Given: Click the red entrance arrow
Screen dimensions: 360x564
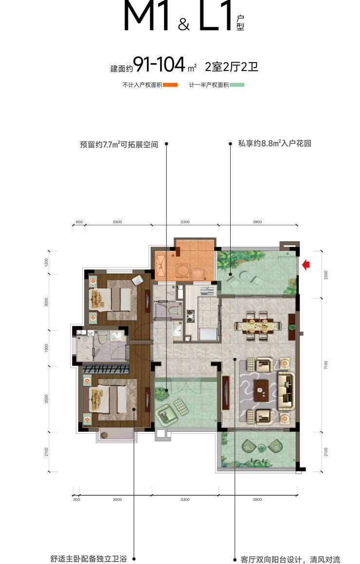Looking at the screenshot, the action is click(x=306, y=264).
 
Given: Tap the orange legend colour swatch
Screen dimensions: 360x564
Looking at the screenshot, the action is click(x=170, y=85).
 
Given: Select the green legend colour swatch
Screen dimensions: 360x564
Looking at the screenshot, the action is click(x=237, y=85).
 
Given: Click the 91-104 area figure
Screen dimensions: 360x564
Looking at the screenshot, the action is click(x=159, y=65).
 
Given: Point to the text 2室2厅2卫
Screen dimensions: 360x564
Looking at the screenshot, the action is click(x=232, y=67).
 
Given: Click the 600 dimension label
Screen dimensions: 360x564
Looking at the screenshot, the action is click(x=79, y=222).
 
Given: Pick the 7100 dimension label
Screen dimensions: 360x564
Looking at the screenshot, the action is click(x=326, y=365).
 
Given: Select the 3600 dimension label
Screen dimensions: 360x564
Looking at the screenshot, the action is click(x=117, y=499).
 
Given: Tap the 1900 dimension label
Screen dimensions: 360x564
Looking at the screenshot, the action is click(x=46, y=348).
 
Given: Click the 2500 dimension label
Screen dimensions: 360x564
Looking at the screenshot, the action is click(x=326, y=275).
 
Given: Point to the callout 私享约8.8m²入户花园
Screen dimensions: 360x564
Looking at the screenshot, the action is click(x=274, y=143).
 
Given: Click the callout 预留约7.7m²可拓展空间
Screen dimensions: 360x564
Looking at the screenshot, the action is click(x=119, y=144).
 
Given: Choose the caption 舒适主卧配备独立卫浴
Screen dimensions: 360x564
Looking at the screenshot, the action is click(x=89, y=559).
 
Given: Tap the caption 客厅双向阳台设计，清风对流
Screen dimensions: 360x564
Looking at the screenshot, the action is click(x=290, y=559).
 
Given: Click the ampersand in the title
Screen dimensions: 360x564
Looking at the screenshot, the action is click(x=183, y=24).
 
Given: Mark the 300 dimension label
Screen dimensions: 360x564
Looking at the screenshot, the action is click(x=76, y=499).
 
